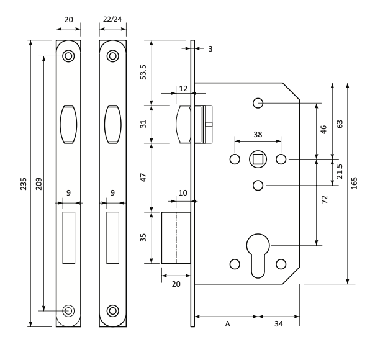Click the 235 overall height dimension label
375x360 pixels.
[24, 184]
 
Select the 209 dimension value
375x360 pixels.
[38, 184]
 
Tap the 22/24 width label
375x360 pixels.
[112, 19]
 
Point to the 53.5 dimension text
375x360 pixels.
[143, 72]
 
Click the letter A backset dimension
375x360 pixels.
[227, 324]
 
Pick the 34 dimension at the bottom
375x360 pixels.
[279, 324]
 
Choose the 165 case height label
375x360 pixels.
[354, 183]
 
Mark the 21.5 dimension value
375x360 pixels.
[340, 171]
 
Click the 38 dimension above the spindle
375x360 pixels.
[258, 134]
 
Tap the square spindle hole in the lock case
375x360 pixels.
[258, 159]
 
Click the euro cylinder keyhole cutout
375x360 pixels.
[258, 256]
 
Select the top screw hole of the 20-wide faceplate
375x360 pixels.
[68, 56]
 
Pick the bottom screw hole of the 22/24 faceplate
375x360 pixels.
[112, 311]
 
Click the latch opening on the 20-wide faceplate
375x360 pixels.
[68, 124]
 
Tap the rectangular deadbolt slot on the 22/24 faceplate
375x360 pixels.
[112, 238]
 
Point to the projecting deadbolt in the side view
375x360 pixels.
[176, 238]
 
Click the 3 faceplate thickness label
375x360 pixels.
[210, 49]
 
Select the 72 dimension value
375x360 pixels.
[324, 199]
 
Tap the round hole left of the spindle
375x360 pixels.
[235, 159]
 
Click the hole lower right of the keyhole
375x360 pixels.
[281, 264]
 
